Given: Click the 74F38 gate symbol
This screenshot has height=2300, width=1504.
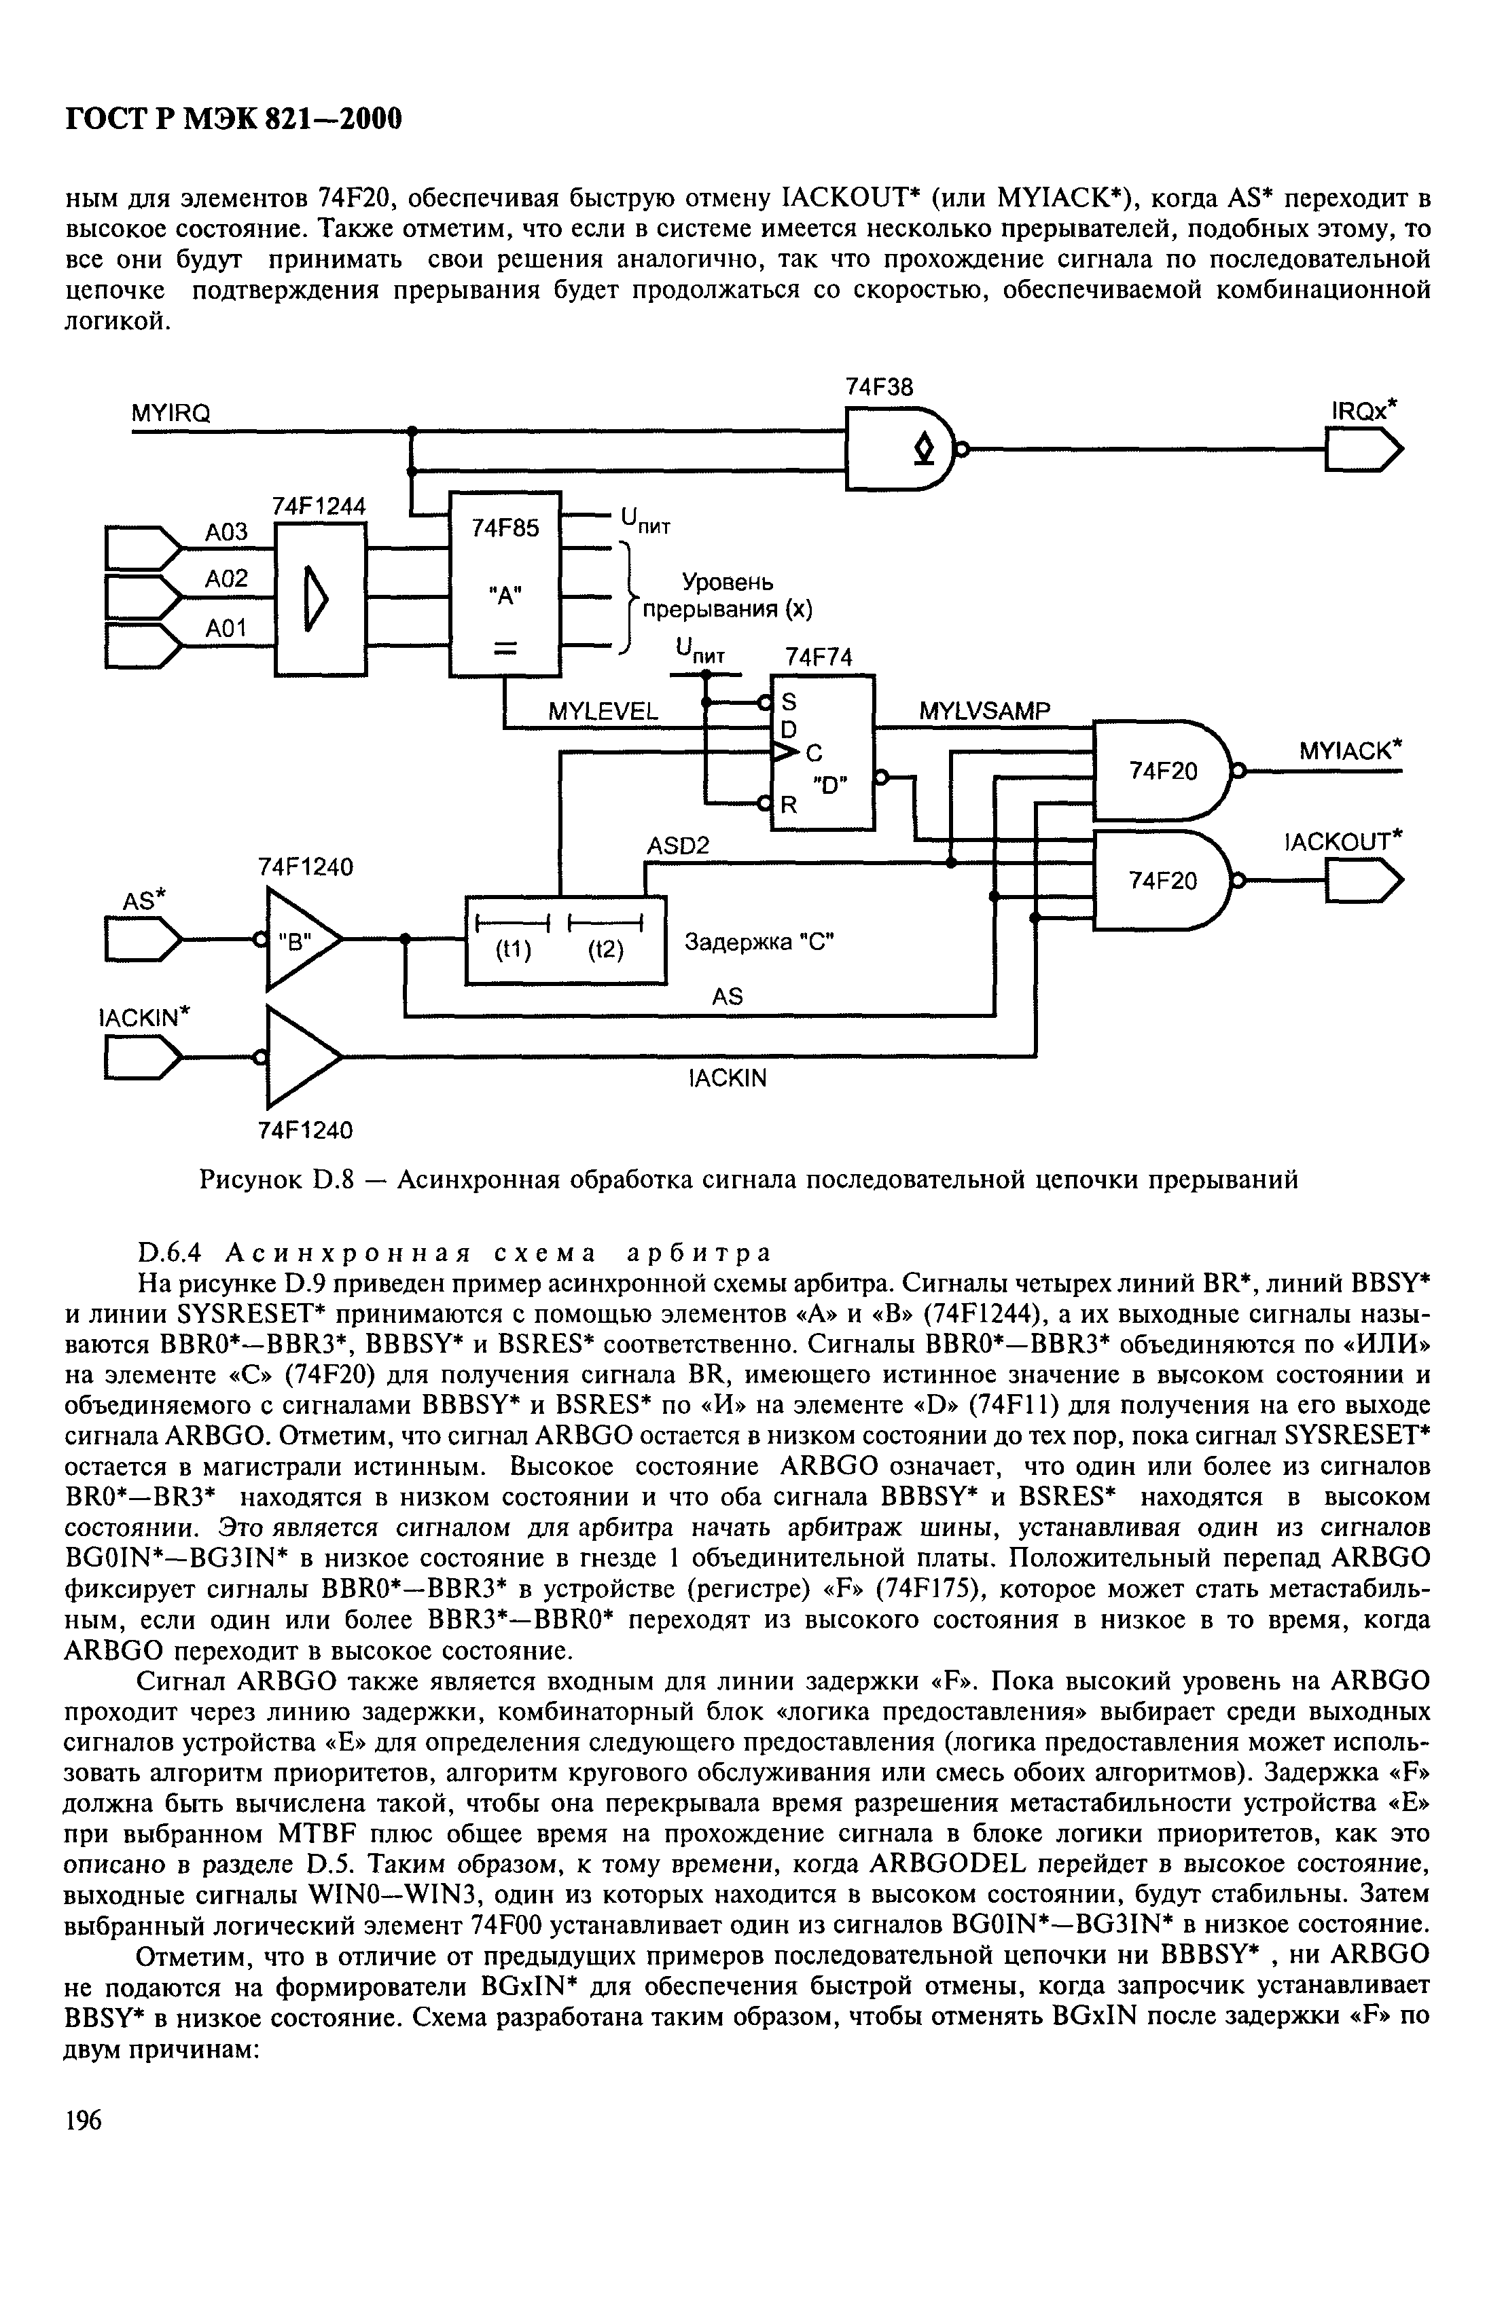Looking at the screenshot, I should tap(899, 450).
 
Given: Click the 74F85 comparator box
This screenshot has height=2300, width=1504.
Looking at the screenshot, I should tap(505, 584).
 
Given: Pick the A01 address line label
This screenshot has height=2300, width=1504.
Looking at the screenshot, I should tap(226, 628).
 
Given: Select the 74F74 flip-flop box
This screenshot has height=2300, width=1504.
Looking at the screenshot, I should tap(821, 752).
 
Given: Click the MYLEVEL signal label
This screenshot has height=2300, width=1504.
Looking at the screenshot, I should tap(603, 712).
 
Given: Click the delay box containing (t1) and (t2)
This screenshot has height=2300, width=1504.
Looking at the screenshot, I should tap(565, 939).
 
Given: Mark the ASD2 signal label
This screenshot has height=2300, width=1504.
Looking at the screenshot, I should tap(677, 845).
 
